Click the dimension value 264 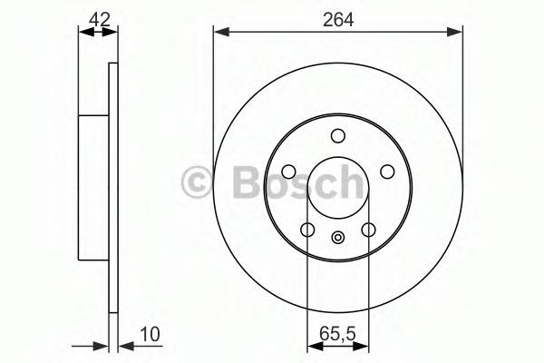click(x=338, y=20)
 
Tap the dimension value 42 click(x=100, y=19)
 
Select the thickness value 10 click(x=150, y=334)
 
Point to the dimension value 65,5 click(x=337, y=334)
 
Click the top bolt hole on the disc click(x=338, y=136)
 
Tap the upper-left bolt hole click(x=288, y=172)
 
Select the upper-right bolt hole click(x=387, y=172)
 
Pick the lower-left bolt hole click(x=307, y=230)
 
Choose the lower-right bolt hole click(x=368, y=230)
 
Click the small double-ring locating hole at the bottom click(x=338, y=238)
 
